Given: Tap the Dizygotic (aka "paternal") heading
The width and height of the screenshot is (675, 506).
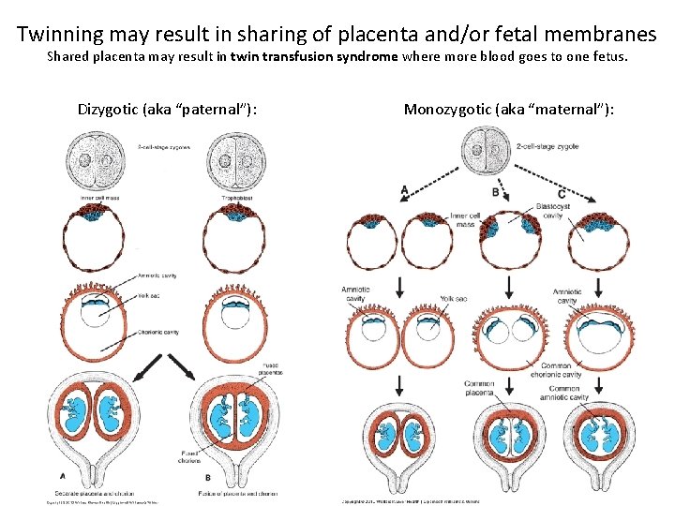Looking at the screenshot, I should click(168, 110).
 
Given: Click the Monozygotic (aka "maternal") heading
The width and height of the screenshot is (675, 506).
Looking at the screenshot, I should click(509, 110).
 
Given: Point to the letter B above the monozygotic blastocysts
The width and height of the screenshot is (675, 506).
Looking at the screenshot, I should click(494, 192).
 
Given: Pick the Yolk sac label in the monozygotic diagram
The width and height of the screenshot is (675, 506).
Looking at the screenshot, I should click(456, 298).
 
